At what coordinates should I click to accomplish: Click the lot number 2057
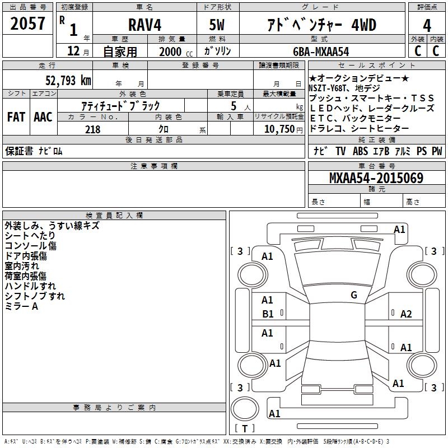tap(28, 24)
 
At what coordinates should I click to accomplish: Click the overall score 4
tap(427, 25)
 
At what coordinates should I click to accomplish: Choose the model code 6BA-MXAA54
tap(321, 52)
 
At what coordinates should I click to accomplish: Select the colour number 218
tap(92, 129)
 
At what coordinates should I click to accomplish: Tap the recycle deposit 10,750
tap(278, 129)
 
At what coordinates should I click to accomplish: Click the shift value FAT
tap(16, 117)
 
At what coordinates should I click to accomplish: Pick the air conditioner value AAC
tap(43, 117)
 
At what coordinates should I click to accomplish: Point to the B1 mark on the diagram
tap(268, 314)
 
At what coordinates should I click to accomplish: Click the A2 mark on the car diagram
tap(406, 314)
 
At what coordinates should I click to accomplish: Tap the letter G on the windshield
tap(354, 295)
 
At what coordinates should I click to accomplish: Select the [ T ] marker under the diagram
tap(244, 429)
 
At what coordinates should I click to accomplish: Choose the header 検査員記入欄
tap(114, 216)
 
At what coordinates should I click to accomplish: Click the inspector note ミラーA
tap(21, 306)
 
